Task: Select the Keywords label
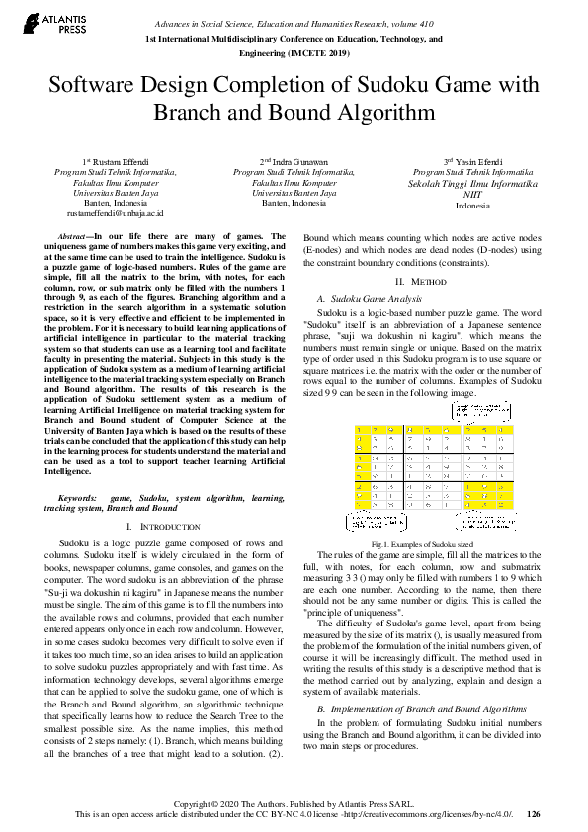pos(79,498)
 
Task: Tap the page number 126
pos(534,814)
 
